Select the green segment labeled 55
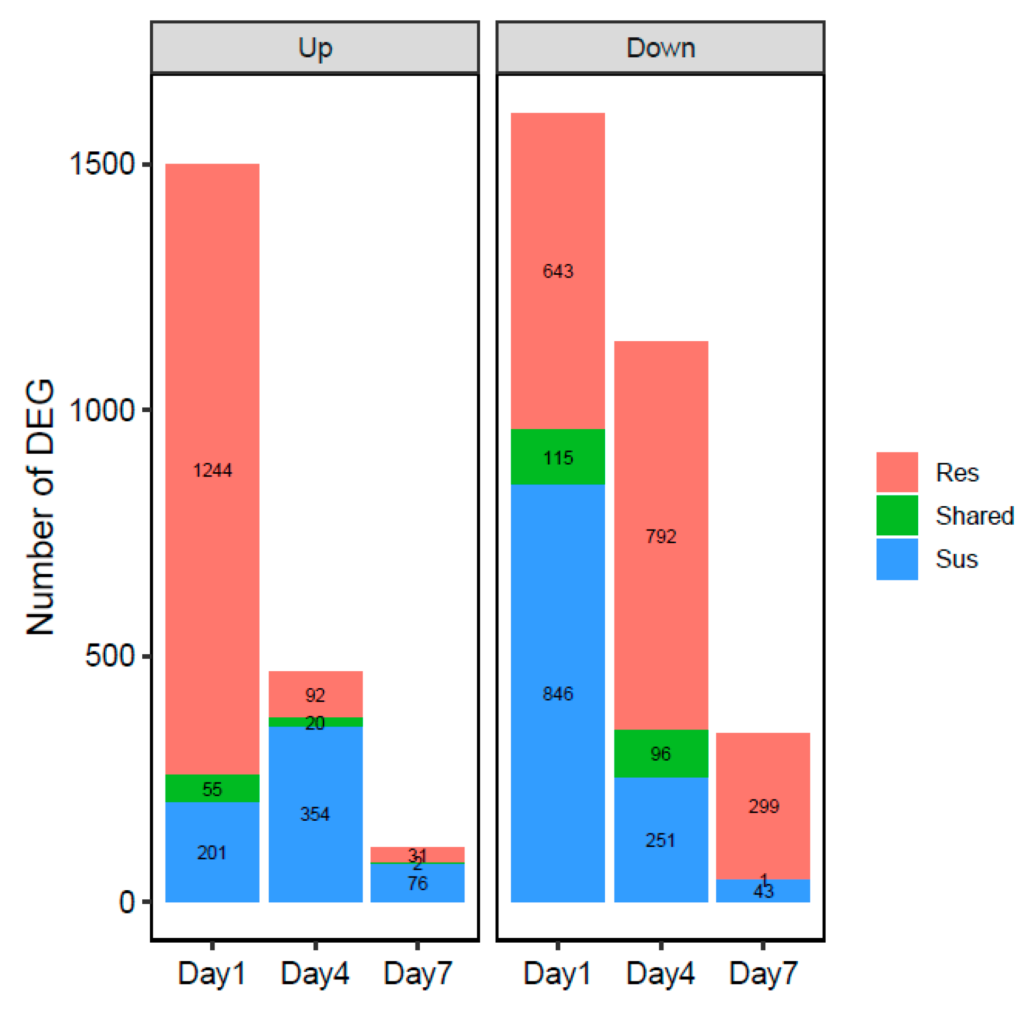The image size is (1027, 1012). (x=212, y=789)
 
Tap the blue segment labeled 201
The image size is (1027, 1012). (x=212, y=852)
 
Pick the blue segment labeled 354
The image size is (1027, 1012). (x=315, y=814)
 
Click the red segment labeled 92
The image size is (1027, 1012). (x=315, y=694)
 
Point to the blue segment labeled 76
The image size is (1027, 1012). (x=417, y=883)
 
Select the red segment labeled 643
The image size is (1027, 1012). (x=558, y=271)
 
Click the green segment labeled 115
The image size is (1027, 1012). (x=558, y=457)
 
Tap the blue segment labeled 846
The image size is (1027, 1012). (x=558, y=693)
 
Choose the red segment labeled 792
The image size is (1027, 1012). (x=661, y=536)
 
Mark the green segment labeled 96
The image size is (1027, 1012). (x=661, y=754)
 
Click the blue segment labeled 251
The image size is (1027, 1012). (x=661, y=840)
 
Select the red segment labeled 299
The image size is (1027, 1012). (x=763, y=806)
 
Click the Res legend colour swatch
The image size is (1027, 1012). (x=897, y=472)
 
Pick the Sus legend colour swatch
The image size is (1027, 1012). (x=897, y=559)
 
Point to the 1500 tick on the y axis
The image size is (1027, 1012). (x=101, y=164)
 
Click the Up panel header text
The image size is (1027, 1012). (x=315, y=48)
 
